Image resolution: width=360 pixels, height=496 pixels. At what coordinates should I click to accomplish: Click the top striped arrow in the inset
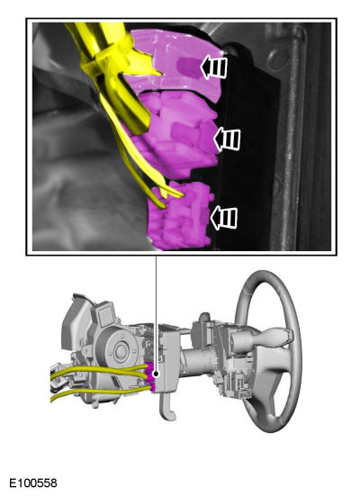[214, 68]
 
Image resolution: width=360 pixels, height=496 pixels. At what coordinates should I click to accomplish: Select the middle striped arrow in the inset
[227, 139]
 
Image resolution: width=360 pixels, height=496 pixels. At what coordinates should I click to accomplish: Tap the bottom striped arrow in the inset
[224, 218]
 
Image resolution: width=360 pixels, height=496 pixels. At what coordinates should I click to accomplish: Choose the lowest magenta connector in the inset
[180, 217]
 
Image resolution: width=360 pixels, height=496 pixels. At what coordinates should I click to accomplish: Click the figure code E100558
[33, 483]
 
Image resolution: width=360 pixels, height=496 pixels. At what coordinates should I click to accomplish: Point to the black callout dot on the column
[156, 374]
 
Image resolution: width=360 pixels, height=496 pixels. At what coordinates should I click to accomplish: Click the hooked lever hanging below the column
[167, 408]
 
